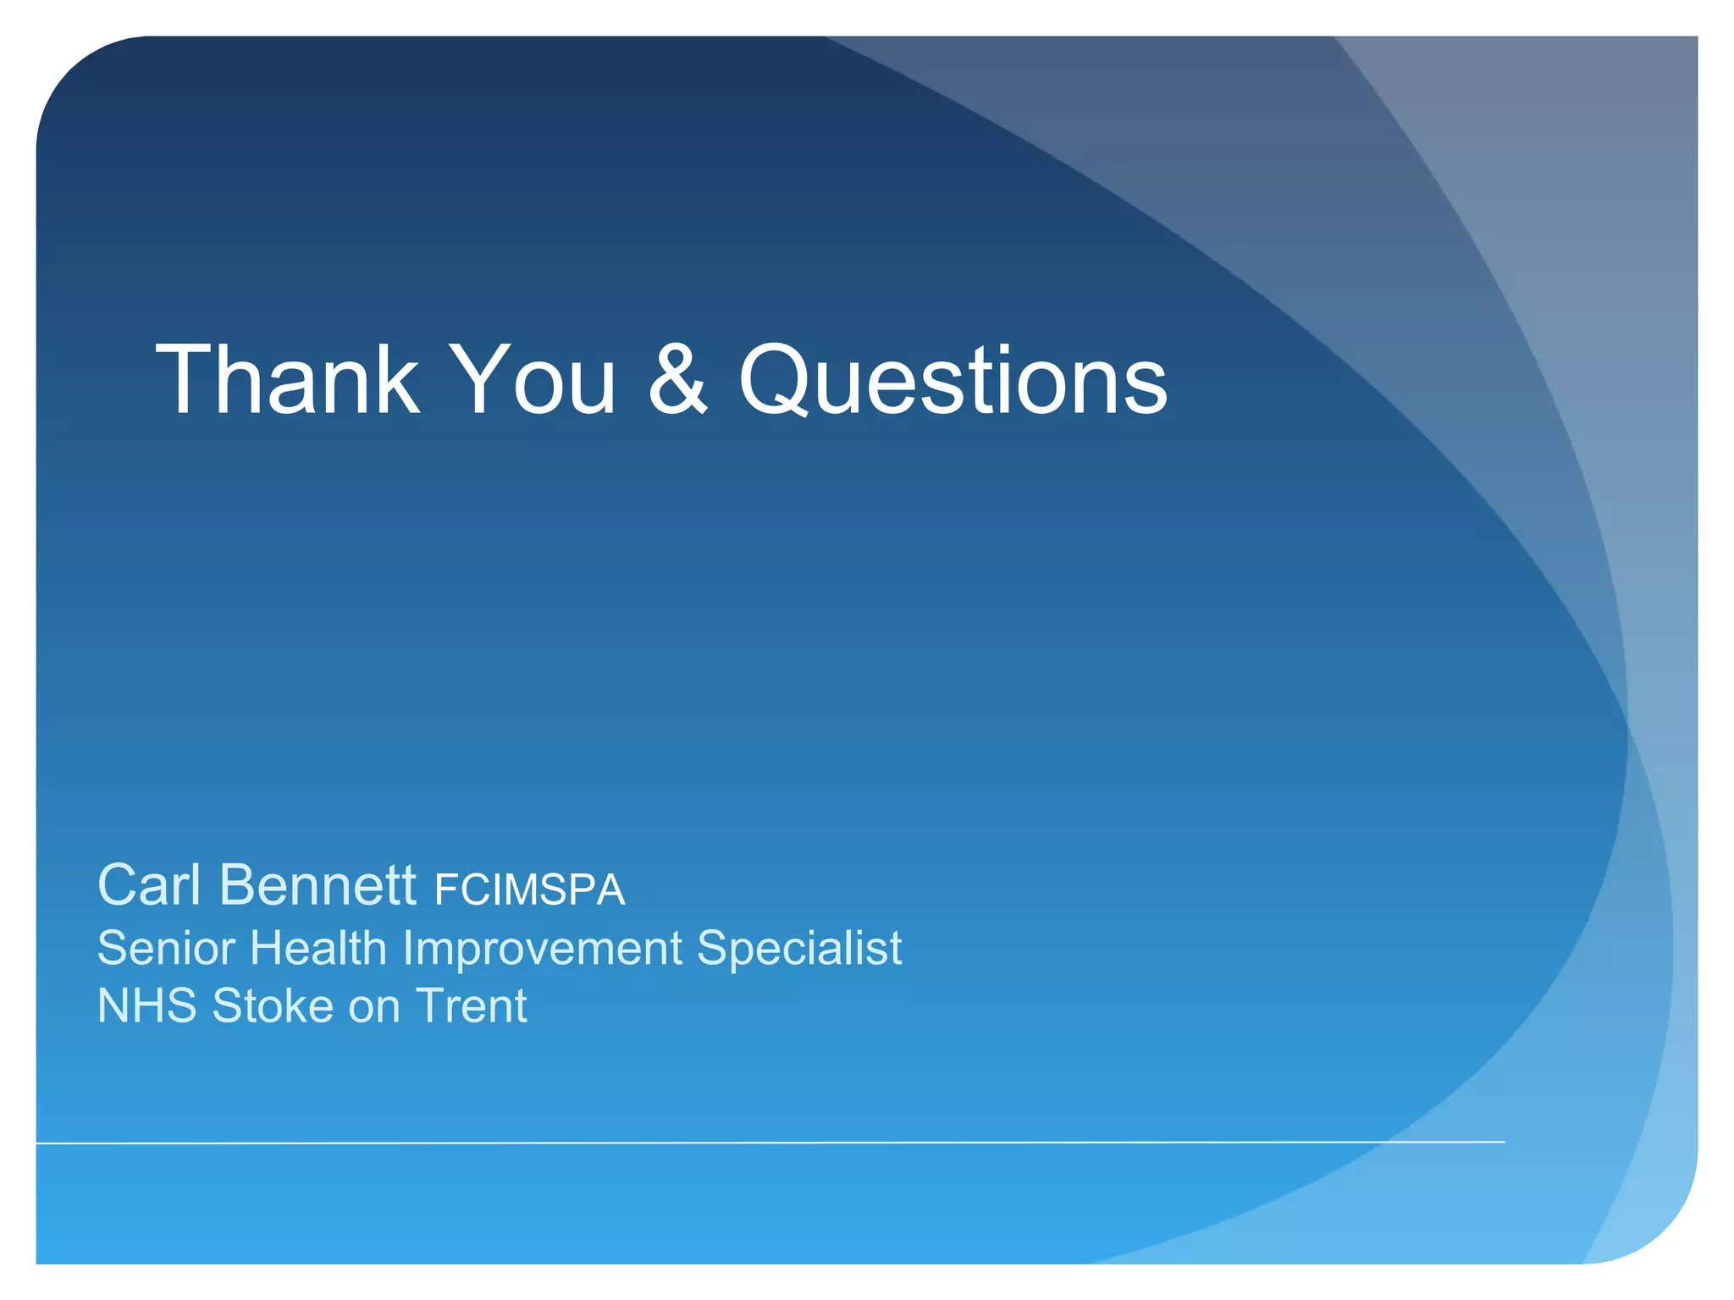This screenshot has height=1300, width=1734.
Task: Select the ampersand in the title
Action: pos(677,381)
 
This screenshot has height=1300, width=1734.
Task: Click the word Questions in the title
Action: pos(953,381)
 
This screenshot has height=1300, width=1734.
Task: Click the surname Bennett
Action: pos(318,885)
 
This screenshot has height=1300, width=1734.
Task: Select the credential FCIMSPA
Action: pos(529,890)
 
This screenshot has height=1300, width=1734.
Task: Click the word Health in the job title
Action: pos(318,948)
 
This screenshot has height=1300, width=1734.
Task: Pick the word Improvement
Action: pos(542,948)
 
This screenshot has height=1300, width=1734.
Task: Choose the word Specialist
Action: pos(799,948)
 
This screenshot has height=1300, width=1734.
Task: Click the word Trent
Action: pos(471,1006)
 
